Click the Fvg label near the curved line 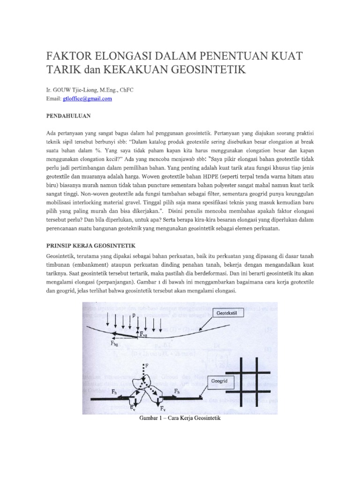[147, 335]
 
